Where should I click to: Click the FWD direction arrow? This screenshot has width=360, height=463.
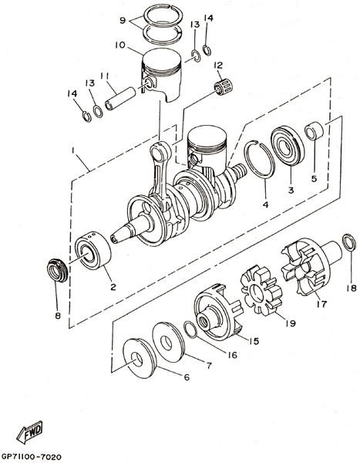[x=29, y=433]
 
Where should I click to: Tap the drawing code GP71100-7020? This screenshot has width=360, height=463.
[x=32, y=457]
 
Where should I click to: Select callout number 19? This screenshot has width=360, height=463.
[x=291, y=323]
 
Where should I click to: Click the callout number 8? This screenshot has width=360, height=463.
[x=58, y=316]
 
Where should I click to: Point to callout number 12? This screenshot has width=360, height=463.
[x=219, y=65]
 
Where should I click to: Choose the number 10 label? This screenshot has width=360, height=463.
[x=120, y=45]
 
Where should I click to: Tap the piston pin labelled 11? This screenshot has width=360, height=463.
[x=120, y=99]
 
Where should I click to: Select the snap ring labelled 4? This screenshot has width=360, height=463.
[x=259, y=159]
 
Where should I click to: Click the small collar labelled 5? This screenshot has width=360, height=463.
[x=314, y=130]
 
